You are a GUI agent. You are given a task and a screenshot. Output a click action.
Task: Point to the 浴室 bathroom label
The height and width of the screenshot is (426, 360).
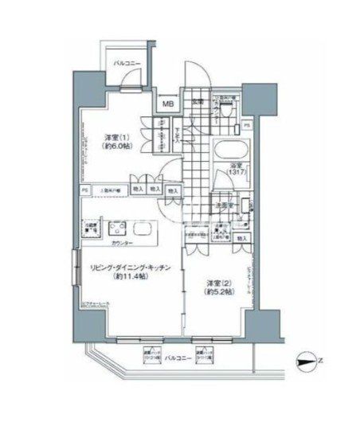coord(235,165)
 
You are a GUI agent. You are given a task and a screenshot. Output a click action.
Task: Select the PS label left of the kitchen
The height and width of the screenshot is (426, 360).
coord(84,191)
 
